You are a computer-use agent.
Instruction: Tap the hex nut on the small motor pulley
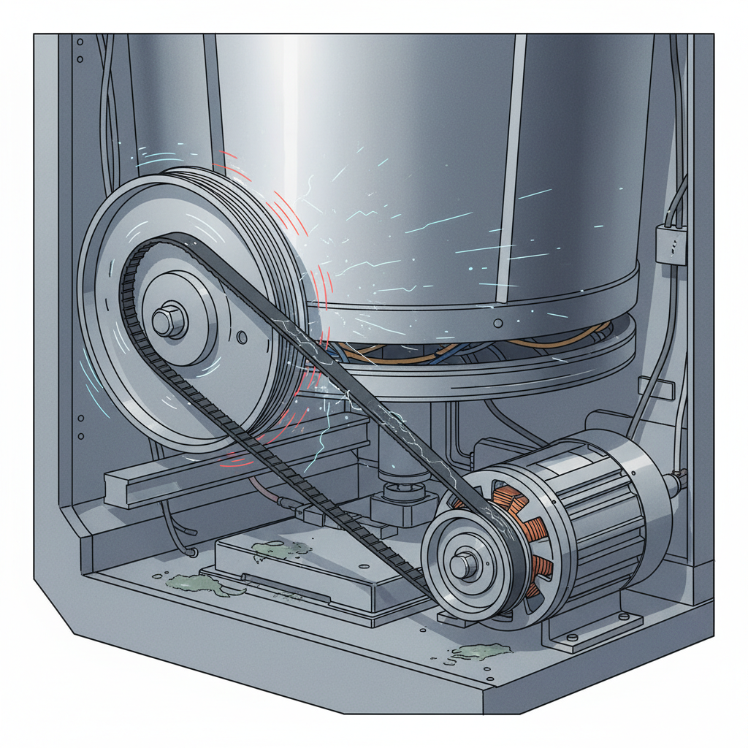462,565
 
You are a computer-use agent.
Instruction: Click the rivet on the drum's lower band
497,322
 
